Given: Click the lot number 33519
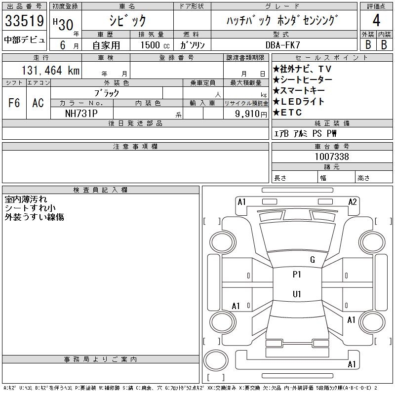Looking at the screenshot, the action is pos(24,21).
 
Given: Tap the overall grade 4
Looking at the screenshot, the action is pos(376,20).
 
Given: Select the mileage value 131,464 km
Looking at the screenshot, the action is pos(50,70).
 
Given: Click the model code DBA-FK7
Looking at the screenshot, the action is pos(283,45).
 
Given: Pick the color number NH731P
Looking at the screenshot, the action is pos(81,114).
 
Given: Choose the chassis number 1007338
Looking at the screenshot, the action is pos(332,157).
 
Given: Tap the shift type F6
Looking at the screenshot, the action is pos(14,103).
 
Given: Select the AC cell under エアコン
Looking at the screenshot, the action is pos(38,103).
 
